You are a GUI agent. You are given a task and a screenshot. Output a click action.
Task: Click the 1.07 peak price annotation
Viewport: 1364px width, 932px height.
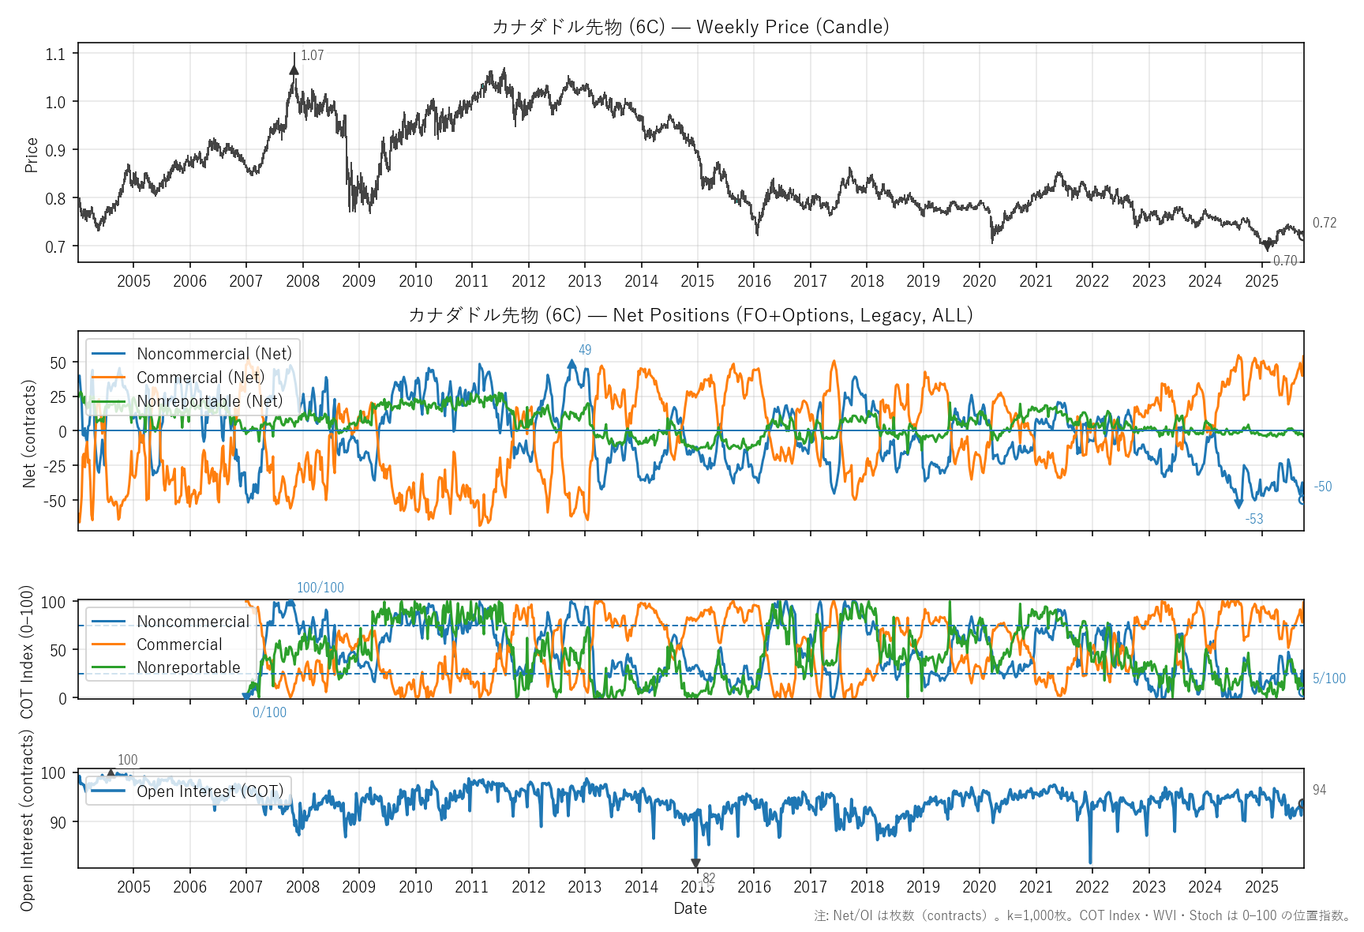(x=312, y=55)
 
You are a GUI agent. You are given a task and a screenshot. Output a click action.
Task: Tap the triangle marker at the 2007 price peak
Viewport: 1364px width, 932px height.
(x=294, y=70)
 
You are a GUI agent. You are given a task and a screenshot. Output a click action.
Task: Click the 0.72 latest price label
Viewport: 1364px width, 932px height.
(x=1325, y=223)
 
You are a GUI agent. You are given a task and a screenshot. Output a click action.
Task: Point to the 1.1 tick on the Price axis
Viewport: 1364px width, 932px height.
(x=55, y=54)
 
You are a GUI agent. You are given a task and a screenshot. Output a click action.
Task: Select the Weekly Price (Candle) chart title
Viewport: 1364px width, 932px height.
(x=691, y=27)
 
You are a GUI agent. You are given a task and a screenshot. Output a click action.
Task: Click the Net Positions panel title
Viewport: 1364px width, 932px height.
(x=691, y=315)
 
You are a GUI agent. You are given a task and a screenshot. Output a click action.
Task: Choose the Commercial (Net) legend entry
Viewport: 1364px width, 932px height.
(x=200, y=378)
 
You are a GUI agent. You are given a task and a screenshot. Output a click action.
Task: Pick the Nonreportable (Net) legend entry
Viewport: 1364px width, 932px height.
(x=209, y=401)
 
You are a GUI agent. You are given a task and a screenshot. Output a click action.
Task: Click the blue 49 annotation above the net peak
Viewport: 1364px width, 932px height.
(x=585, y=350)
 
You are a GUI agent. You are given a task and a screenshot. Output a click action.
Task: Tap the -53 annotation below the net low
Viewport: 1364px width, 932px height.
(x=1254, y=519)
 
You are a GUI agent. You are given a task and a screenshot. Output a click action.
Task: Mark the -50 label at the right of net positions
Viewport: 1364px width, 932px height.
(x=1323, y=487)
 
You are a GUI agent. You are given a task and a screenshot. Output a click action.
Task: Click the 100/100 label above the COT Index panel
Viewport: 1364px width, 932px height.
(x=320, y=588)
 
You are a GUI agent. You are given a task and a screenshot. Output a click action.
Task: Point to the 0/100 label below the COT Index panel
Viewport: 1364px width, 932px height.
(x=269, y=712)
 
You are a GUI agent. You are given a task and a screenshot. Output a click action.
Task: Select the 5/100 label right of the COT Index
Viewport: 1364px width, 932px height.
(x=1329, y=678)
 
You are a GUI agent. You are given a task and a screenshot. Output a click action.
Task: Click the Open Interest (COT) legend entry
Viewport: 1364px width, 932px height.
(x=209, y=791)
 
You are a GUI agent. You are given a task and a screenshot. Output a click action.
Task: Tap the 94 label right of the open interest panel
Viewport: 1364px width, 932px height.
(x=1320, y=790)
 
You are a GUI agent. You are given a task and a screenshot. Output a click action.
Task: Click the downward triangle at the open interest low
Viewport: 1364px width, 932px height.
(x=695, y=863)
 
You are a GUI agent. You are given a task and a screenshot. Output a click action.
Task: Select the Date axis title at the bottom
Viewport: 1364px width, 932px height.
(x=690, y=908)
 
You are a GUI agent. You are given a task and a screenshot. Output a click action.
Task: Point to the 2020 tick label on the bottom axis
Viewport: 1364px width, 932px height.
(x=979, y=887)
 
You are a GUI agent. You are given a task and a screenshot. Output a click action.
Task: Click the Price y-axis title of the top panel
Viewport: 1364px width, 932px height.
(x=32, y=155)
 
